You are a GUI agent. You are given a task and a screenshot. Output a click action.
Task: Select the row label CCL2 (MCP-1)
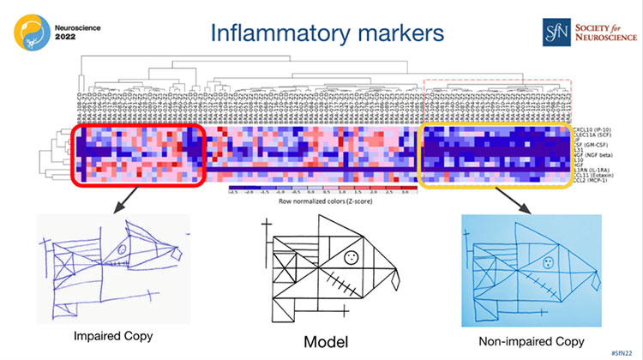[593, 182]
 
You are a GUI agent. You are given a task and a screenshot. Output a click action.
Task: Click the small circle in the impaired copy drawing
[123, 250]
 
